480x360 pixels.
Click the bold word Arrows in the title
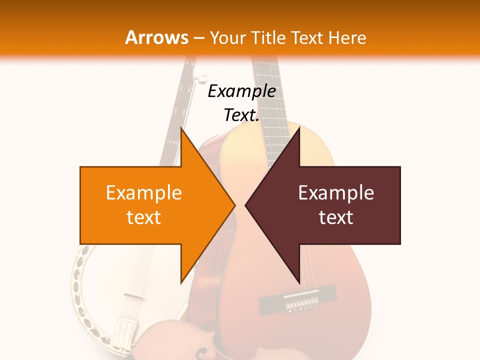[x=156, y=37]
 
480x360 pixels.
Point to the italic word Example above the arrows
[x=241, y=91]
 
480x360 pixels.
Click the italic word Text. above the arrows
[x=241, y=115]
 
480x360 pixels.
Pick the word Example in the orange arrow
[x=144, y=193]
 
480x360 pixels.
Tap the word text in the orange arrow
[x=144, y=217]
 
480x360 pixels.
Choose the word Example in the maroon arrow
[x=336, y=193]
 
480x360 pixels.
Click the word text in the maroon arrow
[x=336, y=217]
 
